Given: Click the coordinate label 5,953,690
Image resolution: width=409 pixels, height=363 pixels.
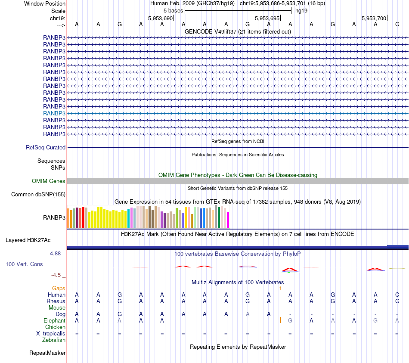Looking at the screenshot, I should click(160, 18).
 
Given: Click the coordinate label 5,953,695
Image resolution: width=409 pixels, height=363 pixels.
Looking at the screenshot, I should click(267, 18).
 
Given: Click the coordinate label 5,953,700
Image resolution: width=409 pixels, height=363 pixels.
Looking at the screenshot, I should click(374, 18).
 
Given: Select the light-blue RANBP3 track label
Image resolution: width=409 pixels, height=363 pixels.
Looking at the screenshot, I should click(54, 113).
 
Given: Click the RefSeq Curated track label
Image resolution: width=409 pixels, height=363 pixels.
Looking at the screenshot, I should click(46, 147).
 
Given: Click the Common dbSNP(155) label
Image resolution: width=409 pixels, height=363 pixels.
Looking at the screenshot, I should click(38, 194).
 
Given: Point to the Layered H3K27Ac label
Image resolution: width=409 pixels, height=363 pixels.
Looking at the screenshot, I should click(28, 240).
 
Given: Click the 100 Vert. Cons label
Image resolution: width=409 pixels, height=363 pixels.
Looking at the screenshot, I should click(24, 264).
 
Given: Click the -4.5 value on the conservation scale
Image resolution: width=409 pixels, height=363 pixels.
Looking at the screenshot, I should click(56, 275).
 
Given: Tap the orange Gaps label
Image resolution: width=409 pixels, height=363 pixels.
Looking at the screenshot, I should click(59, 288).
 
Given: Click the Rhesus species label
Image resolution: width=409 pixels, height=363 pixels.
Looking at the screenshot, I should click(56, 301).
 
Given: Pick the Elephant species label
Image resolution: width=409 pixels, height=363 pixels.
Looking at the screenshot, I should click(54, 320).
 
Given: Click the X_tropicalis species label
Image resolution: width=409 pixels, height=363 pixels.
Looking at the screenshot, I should click(51, 333).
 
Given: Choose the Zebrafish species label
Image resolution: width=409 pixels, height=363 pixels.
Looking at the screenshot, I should click(54, 340).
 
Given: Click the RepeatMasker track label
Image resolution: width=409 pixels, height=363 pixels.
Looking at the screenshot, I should click(47, 353).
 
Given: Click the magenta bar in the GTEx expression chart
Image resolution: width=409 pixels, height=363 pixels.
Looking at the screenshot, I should click(228, 220).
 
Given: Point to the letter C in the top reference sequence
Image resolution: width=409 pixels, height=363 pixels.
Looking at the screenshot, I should click(397, 25).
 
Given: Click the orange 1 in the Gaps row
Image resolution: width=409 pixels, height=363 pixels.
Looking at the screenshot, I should click(280, 288).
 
